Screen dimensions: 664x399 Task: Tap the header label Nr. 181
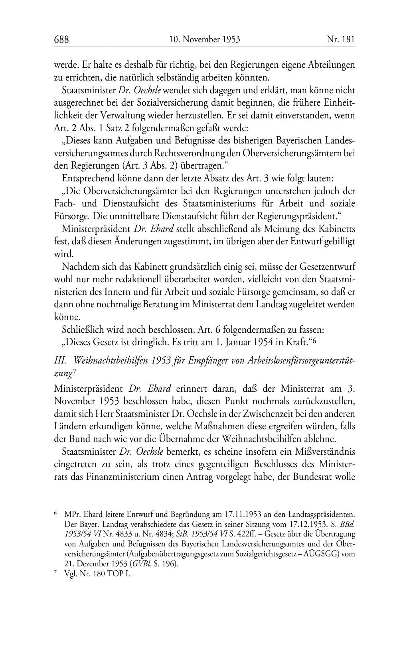(x=341, y=39)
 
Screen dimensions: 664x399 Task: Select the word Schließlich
(x=82, y=330)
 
